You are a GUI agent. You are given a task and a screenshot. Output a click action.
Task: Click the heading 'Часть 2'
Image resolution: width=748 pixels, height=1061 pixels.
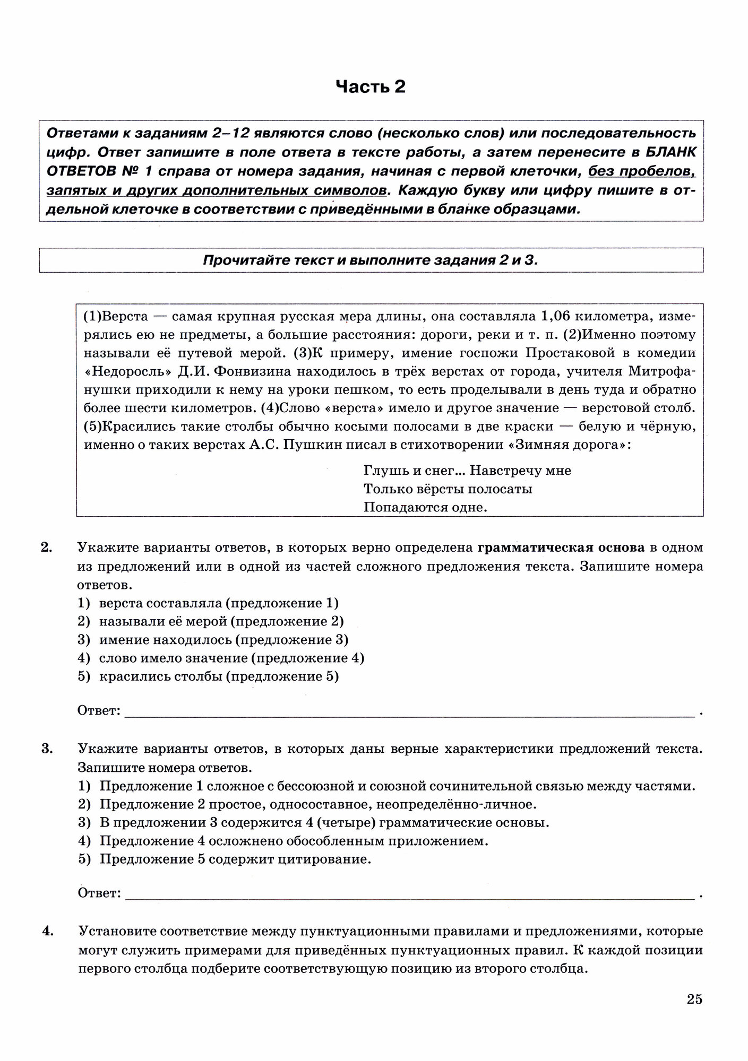371,86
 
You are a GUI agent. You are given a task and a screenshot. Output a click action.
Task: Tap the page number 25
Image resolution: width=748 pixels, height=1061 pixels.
694,999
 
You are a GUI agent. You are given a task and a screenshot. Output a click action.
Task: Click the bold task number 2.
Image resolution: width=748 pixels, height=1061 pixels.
46,547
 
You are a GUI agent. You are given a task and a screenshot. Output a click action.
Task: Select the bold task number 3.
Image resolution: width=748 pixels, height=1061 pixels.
46,749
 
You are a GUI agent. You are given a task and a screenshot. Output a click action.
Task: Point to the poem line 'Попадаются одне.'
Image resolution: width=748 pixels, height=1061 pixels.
425,507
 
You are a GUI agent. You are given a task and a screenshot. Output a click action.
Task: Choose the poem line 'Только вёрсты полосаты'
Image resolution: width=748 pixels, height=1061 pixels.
448,489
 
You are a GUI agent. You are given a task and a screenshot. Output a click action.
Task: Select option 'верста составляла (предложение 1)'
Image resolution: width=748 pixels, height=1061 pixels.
219,603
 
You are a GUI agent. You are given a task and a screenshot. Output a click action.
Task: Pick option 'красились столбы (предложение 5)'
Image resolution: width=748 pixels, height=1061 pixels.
219,676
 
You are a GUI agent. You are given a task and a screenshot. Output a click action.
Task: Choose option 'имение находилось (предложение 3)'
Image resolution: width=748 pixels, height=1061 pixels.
223,640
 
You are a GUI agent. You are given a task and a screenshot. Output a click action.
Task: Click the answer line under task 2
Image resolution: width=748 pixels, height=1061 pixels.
409,711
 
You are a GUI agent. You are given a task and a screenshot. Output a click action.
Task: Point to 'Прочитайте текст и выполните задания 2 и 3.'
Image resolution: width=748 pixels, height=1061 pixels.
371,260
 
